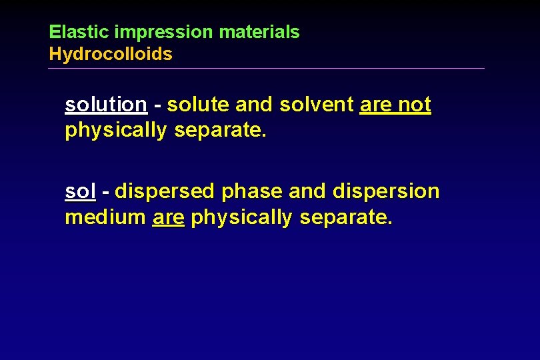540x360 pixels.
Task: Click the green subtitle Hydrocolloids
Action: click(111, 55)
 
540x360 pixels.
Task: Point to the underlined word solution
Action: click(106, 105)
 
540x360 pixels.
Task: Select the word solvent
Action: click(317, 105)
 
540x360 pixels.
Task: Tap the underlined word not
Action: click(415, 105)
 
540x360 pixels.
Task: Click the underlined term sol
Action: click(81, 191)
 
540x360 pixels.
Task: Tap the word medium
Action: click(105, 217)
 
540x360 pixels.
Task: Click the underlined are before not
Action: click(375, 105)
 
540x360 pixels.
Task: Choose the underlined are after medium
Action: click(168, 218)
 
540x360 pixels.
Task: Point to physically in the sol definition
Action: click(241, 218)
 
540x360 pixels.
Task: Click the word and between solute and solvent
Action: click(254, 105)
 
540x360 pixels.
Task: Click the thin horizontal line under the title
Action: click(267, 68)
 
